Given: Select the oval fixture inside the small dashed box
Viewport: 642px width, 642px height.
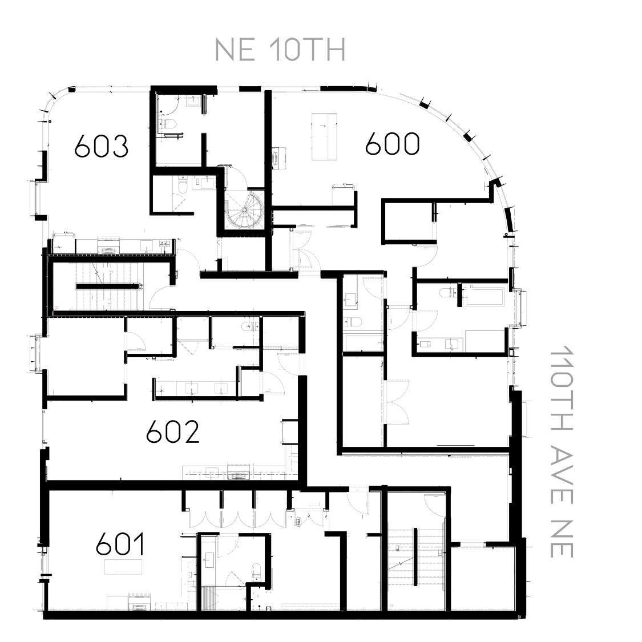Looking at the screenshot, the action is point(275,158).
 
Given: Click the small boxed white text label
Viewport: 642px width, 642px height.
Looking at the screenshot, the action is point(164,244).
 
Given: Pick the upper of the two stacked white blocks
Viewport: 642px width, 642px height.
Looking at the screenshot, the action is point(107,270).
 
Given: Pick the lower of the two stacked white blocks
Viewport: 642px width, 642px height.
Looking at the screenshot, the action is point(106,303).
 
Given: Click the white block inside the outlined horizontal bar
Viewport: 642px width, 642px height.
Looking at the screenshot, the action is point(425,344).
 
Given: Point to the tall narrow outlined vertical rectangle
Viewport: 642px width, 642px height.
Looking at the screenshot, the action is point(208,563).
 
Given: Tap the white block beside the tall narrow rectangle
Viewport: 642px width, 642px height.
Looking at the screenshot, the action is point(186,575).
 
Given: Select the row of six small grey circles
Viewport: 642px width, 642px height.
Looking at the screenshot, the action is point(139,595).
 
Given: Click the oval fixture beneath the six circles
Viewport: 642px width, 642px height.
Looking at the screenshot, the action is point(139,608).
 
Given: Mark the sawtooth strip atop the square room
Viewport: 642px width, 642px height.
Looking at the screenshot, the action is point(483,548).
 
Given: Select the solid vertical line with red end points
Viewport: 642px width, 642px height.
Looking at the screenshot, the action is point(42,425).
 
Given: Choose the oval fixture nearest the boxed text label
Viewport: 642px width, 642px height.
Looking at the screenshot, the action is point(108,251).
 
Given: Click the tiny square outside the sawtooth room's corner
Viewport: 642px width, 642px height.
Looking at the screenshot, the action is point(519,616).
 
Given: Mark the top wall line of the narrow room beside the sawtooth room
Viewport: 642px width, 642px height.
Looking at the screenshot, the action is point(413,491).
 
